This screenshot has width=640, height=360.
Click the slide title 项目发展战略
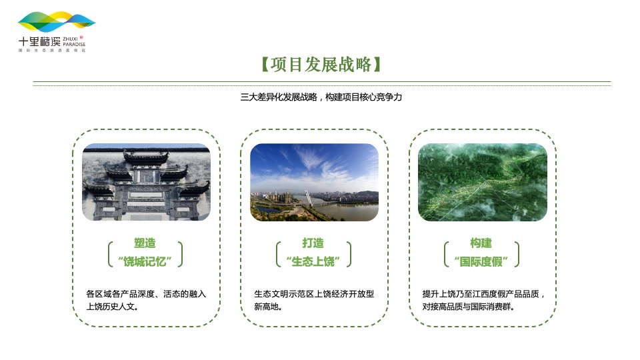coord(321,65)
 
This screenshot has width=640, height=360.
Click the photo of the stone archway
coord(145,182)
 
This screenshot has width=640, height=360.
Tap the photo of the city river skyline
coord(314,182)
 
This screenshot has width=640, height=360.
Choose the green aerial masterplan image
coord(482,182)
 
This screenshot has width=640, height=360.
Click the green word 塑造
coord(145,243)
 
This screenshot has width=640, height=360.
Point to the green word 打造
coord(313,243)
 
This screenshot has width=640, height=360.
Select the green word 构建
coord(481,243)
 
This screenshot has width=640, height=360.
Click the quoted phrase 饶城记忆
coord(145,261)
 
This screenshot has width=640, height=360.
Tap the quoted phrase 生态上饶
coord(313,261)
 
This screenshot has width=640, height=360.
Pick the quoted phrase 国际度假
coord(481,261)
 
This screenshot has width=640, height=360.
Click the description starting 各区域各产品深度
coord(145,300)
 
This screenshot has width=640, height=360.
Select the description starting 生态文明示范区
coord(313,300)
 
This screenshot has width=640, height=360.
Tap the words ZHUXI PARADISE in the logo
coord(74,42)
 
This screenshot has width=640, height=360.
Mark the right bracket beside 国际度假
coord(517,254)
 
